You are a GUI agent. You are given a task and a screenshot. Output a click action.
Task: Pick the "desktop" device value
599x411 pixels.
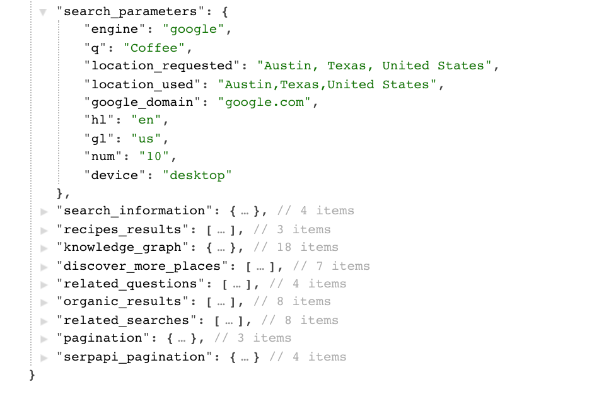(197, 175)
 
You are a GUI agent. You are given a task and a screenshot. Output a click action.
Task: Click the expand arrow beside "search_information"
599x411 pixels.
(44, 211)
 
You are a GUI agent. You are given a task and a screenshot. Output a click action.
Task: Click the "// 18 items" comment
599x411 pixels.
(299, 247)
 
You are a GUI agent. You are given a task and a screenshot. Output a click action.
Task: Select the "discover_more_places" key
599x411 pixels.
(147, 266)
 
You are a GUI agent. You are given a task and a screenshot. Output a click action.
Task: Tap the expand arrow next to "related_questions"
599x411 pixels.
(44, 284)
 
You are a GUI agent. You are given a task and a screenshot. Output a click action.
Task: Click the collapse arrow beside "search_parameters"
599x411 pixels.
(43, 11)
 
